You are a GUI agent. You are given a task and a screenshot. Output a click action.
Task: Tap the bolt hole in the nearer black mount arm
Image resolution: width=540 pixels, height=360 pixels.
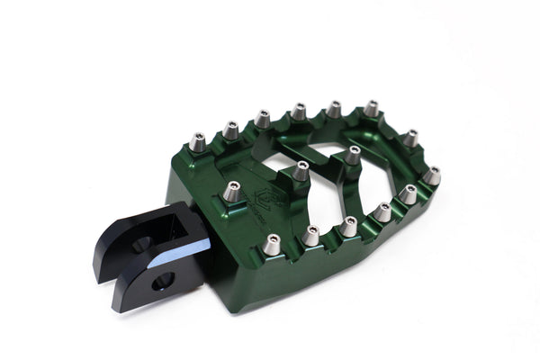click(x=162, y=282)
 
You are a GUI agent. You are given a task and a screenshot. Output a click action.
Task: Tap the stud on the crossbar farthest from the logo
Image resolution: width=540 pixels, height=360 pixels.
click(x=353, y=154)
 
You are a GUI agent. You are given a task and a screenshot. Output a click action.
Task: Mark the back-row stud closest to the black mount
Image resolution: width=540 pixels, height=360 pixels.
click(x=200, y=141)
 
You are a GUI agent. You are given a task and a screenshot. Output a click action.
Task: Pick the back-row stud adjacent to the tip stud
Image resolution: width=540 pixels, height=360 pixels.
click(x=409, y=138)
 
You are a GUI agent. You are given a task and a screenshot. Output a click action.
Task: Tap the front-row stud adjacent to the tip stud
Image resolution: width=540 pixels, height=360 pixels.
click(x=408, y=193)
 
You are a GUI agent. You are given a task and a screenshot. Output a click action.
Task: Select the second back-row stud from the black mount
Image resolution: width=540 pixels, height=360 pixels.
click(x=230, y=130)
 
